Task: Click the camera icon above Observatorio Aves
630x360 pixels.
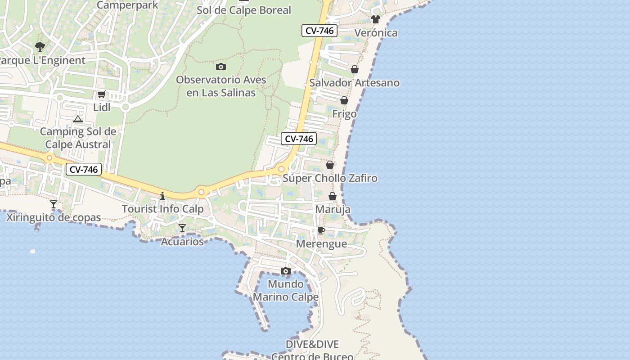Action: [x=220, y=67]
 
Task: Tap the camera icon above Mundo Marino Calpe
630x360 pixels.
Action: [x=285, y=271]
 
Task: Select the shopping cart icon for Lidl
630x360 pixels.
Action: [x=101, y=94]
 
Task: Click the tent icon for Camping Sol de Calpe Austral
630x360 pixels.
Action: [x=78, y=119]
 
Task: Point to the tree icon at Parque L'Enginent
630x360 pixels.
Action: [x=40, y=46]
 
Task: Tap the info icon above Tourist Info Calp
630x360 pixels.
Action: [x=162, y=196]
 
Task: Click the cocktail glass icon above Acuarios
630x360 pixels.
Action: [x=182, y=228]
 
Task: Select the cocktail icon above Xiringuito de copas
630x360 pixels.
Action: [x=54, y=204]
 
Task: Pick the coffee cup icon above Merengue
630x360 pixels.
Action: [x=321, y=231]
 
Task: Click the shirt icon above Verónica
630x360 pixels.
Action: [x=376, y=19]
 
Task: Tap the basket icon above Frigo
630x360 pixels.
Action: [x=344, y=100]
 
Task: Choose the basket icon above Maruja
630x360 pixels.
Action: [x=333, y=196]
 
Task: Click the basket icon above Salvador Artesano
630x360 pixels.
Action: [x=355, y=69]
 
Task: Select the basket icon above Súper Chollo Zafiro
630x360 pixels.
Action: [x=330, y=165]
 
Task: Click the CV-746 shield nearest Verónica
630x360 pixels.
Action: [x=319, y=31]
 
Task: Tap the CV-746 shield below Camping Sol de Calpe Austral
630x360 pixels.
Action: [x=83, y=170]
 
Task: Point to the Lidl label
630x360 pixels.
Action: [x=102, y=108]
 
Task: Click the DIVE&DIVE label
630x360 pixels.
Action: [x=312, y=344]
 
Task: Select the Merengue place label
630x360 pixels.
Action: [x=321, y=244]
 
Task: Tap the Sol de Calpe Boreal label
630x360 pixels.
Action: [x=244, y=10]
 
